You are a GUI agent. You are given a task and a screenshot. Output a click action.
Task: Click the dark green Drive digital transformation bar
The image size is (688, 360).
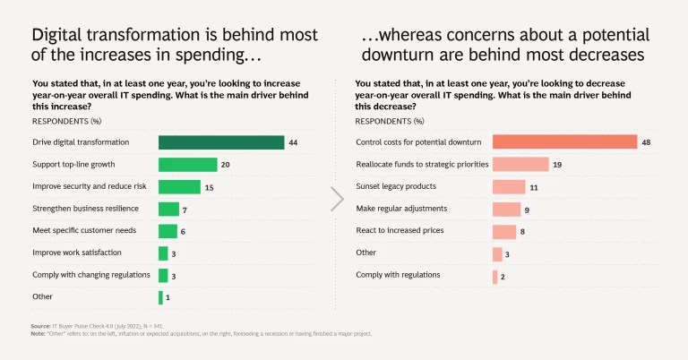click(221, 142)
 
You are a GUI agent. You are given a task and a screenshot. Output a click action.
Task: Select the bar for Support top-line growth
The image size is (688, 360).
click(188, 165)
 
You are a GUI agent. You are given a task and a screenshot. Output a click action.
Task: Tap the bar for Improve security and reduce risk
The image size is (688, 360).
click(179, 186)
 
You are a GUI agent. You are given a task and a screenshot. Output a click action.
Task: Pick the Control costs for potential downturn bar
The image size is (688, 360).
click(564, 142)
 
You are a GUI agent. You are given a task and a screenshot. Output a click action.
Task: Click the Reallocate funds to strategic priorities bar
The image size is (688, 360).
click(520, 165)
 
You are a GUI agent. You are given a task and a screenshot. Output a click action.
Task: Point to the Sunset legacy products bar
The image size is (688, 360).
click(509, 186)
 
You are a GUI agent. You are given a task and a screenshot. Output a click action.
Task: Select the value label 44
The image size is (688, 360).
click(293, 142)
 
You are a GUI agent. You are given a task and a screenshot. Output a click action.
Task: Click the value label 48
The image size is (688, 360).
click(646, 142)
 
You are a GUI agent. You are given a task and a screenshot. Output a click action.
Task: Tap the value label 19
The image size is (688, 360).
click(557, 165)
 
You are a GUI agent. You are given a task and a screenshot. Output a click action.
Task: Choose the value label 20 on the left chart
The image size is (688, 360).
click(226, 165)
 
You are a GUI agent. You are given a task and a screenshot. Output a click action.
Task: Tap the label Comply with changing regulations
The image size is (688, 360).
click(91, 275)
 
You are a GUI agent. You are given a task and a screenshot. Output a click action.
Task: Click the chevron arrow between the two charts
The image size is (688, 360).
click(338, 199)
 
